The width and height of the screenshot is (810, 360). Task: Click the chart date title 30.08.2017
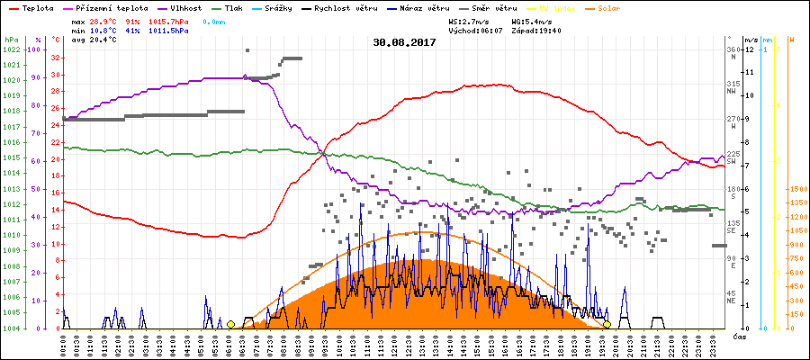[404, 41]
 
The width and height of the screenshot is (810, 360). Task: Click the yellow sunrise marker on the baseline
[230, 325]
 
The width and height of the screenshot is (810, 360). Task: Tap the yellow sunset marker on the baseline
[607, 325]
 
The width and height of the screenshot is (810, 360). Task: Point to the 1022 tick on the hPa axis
[12, 49]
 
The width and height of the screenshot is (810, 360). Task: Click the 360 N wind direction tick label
[735, 53]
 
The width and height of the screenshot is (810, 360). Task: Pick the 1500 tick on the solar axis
[796, 190]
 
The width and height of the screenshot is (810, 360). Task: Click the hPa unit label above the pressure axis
[11, 40]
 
